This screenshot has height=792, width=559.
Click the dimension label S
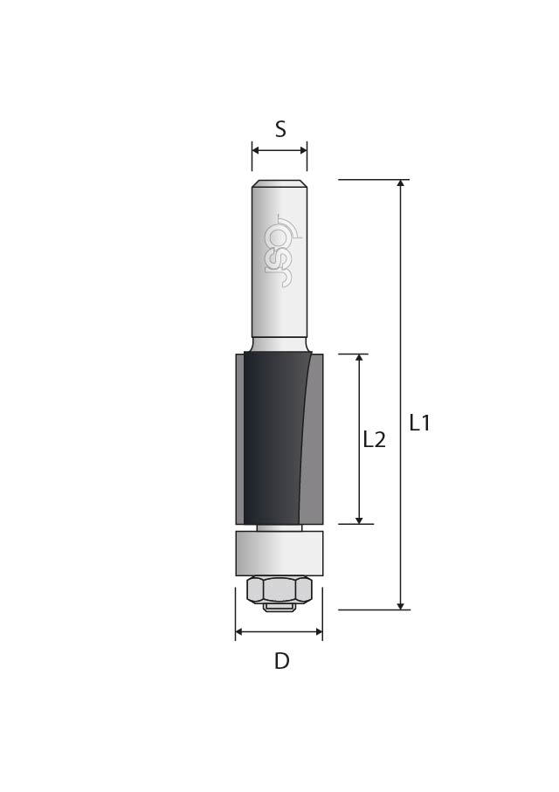point(280,129)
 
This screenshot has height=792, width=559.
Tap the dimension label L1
point(419,423)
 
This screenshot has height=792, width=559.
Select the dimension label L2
point(375,440)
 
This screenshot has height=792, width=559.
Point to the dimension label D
point(282,661)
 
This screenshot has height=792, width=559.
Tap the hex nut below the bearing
point(279,590)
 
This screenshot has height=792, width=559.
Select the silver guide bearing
point(279,554)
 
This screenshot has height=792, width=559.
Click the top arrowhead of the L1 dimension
point(401,183)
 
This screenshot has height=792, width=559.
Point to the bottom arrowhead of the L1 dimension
point(401,606)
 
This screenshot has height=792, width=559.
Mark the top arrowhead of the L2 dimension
point(359,358)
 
